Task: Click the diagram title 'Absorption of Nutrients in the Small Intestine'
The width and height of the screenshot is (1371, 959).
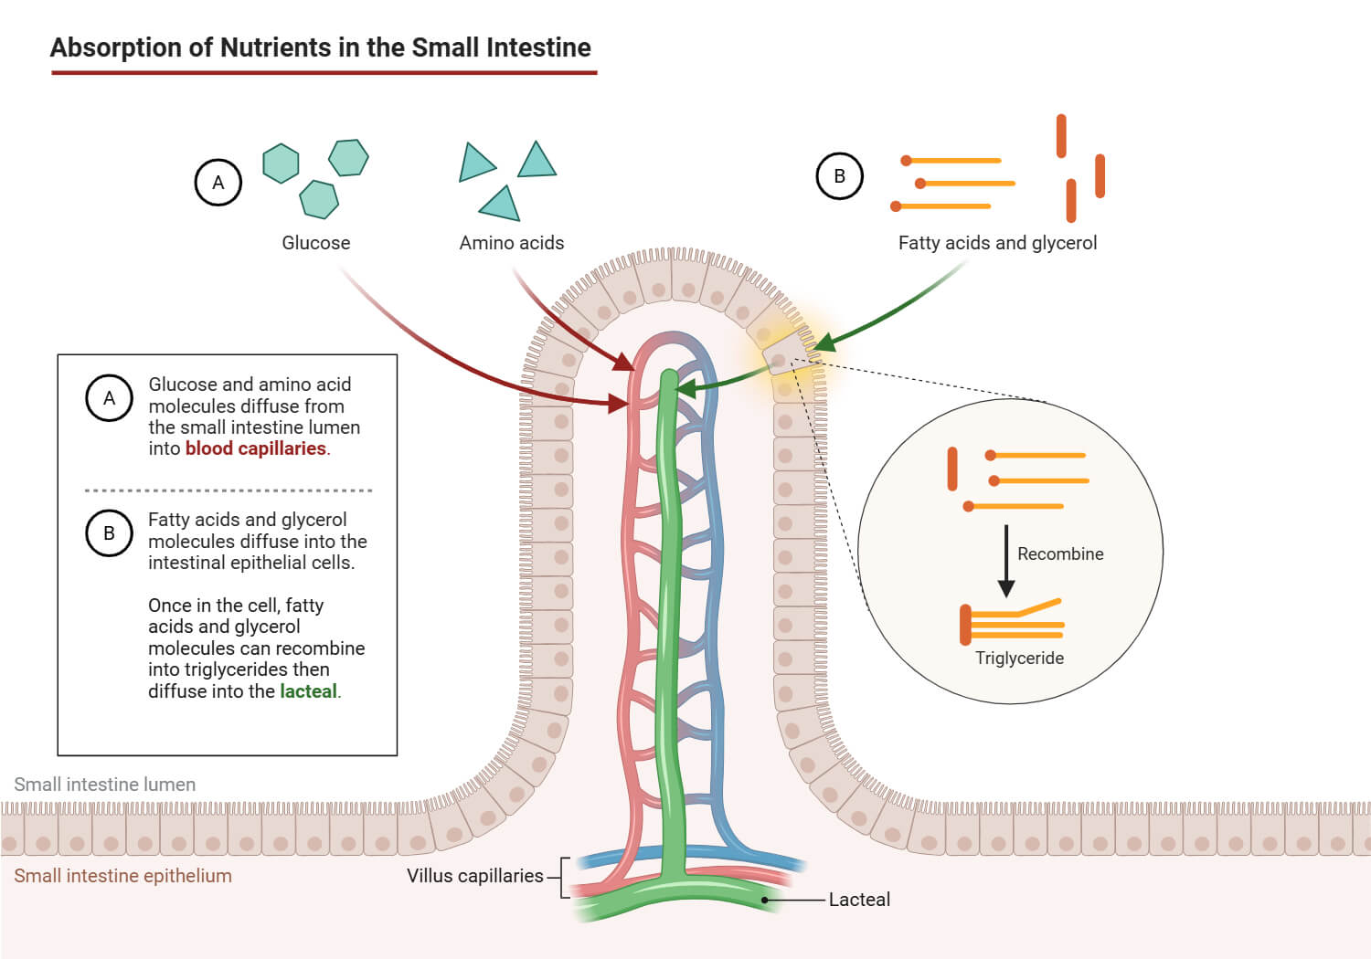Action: coord(320,47)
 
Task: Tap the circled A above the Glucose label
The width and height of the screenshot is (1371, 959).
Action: coord(218,183)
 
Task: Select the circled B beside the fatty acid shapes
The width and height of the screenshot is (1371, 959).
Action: coord(839,176)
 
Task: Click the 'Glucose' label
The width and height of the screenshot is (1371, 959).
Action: coord(315,243)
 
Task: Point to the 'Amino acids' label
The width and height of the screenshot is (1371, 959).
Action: coord(511,243)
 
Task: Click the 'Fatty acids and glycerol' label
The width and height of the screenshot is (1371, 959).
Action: coord(997,243)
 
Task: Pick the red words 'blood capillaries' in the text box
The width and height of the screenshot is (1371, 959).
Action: coord(255,448)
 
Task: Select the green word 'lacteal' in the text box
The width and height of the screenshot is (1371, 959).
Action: coord(308,691)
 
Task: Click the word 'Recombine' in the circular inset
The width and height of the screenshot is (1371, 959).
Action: coord(1060,554)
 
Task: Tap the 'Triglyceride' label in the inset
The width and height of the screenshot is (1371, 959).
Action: coord(1019,659)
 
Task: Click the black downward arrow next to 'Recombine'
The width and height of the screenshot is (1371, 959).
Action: coord(1006,561)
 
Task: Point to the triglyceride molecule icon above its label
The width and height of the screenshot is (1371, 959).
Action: coord(1011,622)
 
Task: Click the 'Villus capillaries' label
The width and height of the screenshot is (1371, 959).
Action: coord(474,876)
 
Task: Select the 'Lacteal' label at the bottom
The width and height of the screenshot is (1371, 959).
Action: coord(859,900)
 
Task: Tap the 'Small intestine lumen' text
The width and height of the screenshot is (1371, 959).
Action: coord(104,785)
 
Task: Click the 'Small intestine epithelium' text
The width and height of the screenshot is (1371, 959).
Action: coord(122,876)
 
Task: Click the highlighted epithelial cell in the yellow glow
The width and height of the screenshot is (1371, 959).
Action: coord(781,355)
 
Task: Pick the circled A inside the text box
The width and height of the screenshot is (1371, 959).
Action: coord(109,398)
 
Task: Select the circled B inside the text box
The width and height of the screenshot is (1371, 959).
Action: coord(109,533)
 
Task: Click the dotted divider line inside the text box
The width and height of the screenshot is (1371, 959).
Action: coord(228,490)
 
